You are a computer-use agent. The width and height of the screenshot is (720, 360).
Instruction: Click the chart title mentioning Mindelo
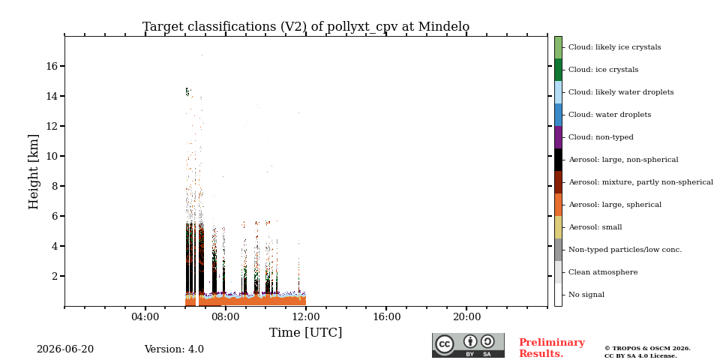coord(306,27)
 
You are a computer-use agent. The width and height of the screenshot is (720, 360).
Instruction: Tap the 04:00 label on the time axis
coord(145,316)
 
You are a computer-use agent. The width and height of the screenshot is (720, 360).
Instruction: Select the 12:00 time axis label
coord(306,316)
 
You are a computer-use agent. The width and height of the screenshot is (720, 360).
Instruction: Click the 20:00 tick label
coord(466,316)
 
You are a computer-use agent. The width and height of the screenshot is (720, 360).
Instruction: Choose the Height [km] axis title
coord(34,172)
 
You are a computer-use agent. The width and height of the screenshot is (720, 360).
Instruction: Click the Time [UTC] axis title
coord(306,332)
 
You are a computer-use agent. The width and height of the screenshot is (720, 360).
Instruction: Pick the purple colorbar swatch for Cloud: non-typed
coord(558,137)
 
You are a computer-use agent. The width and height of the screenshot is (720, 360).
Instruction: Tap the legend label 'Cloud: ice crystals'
coord(603,70)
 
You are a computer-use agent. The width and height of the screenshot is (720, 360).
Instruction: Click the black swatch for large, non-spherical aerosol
coord(558,160)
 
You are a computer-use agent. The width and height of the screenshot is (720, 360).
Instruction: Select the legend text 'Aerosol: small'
coord(595,227)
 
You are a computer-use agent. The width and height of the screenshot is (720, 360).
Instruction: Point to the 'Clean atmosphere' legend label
coord(603,272)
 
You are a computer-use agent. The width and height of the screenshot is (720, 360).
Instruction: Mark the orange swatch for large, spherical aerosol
coord(558,205)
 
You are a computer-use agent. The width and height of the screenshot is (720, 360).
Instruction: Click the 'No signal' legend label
coord(586,295)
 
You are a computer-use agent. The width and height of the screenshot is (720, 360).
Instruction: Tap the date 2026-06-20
coord(65,349)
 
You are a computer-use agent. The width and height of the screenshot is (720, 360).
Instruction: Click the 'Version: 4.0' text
coord(174,349)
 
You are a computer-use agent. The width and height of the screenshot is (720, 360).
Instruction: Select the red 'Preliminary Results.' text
coord(552,348)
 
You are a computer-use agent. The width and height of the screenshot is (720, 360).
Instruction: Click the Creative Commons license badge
coord(468,345)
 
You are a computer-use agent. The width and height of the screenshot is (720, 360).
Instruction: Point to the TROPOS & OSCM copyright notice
coord(647,352)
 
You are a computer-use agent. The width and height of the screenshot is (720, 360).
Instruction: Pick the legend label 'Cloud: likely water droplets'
coord(621,92)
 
